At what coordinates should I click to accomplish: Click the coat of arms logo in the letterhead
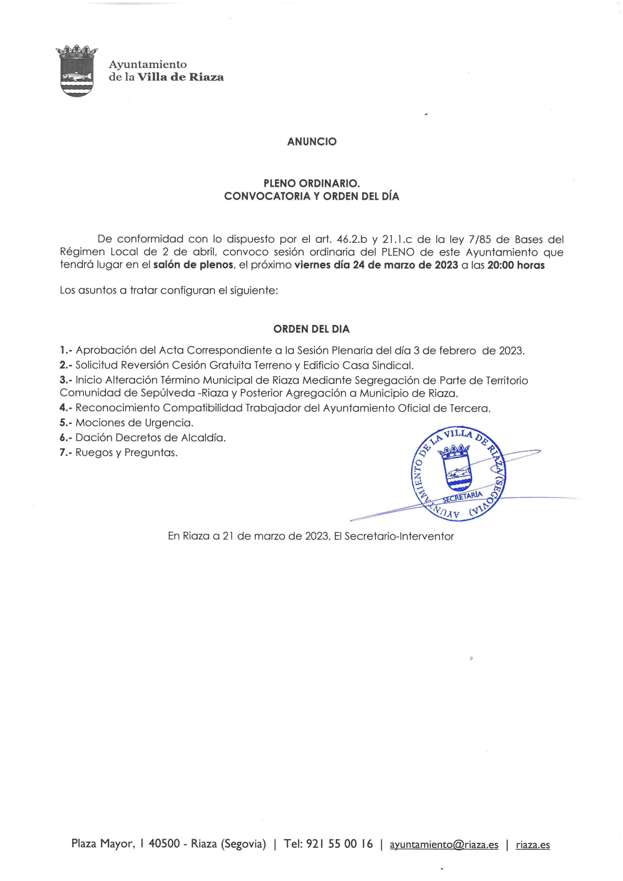(77, 71)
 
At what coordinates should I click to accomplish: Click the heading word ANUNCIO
(311, 142)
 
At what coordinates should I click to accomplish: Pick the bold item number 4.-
(66, 408)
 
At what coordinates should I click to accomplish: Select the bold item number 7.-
(66, 452)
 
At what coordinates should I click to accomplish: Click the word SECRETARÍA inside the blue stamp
(462, 497)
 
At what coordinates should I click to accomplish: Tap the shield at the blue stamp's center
(456, 468)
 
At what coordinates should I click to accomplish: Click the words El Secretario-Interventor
(394, 536)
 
